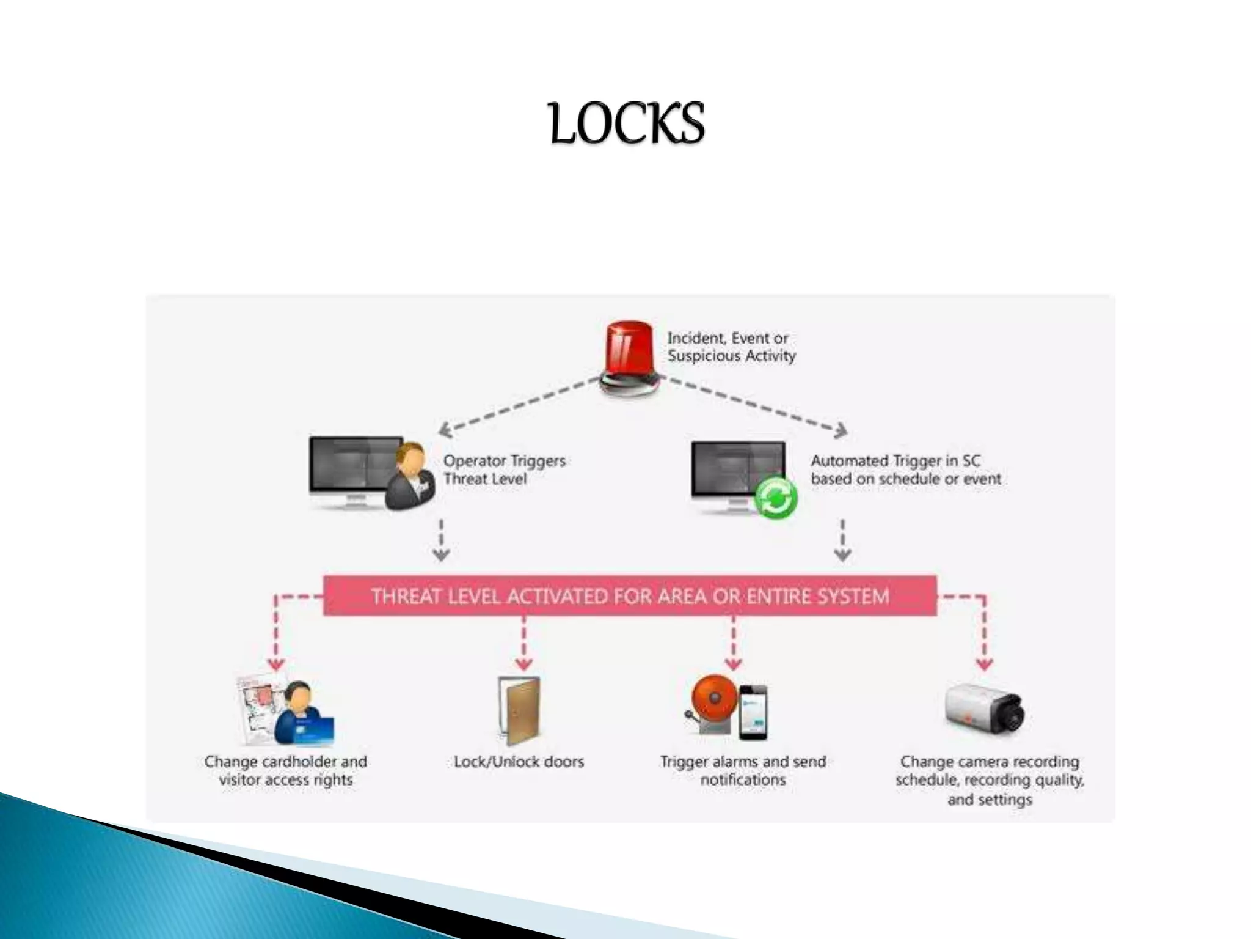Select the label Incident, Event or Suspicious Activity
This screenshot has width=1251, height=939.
731,347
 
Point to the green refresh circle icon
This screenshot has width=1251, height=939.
775,498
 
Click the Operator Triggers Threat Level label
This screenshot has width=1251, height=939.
504,469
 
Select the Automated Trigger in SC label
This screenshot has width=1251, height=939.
905,469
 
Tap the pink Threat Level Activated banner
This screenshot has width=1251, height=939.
630,595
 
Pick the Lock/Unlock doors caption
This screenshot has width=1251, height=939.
519,762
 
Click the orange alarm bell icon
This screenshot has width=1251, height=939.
713,703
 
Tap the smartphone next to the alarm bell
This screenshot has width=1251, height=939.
753,712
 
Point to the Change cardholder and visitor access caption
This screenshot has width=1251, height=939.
286,770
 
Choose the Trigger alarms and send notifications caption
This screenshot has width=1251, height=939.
743,770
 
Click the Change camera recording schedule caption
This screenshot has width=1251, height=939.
990,780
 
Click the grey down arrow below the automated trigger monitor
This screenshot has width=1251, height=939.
843,540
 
